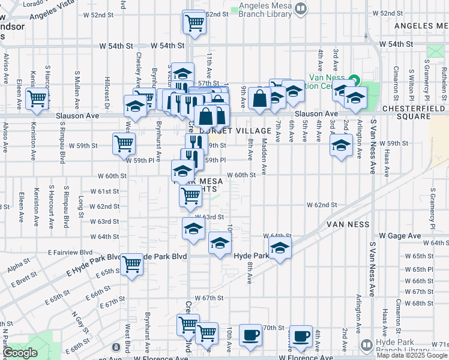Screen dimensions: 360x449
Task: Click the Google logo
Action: point(20,353)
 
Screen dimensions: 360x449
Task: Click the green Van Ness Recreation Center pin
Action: point(354,79)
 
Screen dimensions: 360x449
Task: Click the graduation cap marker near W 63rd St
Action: point(193,229)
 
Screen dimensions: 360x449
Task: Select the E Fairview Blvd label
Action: point(71,253)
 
